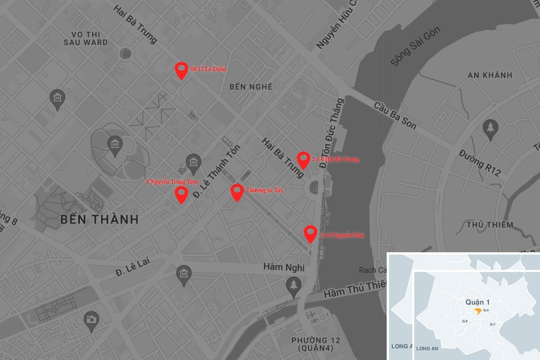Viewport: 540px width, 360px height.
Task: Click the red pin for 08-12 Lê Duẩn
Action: pyautogui.click(x=181, y=70)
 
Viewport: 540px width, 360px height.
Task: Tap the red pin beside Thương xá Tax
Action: pyautogui.click(x=237, y=192)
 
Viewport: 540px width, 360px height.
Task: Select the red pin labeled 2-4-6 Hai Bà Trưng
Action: pyautogui.click(x=303, y=160)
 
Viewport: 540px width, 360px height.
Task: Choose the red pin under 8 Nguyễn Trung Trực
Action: pyautogui.click(x=181, y=195)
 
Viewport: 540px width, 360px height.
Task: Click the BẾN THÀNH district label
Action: pyautogui.click(x=98, y=219)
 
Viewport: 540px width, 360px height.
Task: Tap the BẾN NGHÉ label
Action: pyautogui.click(x=251, y=87)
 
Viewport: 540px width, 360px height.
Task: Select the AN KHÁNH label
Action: pyautogui.click(x=489, y=75)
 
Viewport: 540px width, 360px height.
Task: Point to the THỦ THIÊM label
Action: pyautogui.click(x=489, y=225)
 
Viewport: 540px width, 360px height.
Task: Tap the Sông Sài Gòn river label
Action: pyautogui.click(x=417, y=49)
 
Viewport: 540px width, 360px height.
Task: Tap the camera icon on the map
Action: pyautogui.click(x=91, y=319)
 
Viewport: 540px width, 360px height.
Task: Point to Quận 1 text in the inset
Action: pyautogui.click(x=478, y=301)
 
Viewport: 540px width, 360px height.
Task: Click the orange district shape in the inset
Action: pyautogui.click(x=477, y=310)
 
